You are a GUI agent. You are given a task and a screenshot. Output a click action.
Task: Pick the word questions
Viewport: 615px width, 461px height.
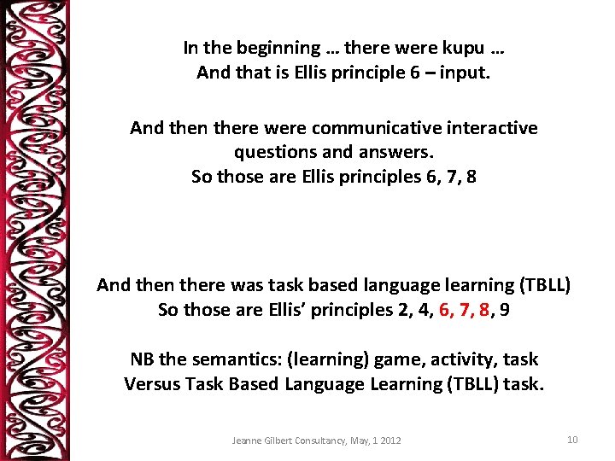tap(273, 153)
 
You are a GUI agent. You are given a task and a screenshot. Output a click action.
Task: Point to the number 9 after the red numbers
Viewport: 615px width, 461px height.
tap(506, 310)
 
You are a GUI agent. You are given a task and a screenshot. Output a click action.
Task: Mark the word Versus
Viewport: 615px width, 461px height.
tap(150, 384)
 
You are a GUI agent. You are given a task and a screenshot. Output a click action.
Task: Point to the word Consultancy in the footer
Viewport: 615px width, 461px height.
tap(325, 441)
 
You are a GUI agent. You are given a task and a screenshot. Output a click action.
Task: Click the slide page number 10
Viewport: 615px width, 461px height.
tap(572, 440)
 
